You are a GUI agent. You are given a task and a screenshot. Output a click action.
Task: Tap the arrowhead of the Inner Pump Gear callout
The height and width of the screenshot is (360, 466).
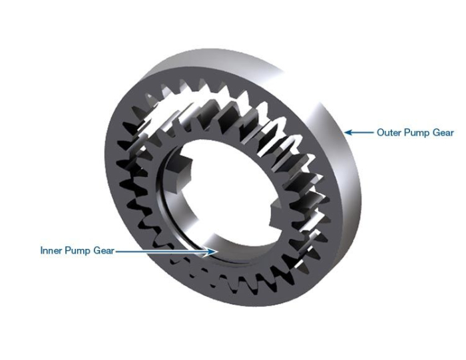tap(212, 251)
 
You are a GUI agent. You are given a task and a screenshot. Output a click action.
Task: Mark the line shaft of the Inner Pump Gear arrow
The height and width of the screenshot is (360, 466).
tap(160, 251)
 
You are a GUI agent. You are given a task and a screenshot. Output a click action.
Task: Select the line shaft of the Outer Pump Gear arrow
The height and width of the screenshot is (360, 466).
tap(363, 132)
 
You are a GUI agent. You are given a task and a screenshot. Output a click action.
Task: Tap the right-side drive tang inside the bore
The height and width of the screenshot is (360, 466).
tap(277, 214)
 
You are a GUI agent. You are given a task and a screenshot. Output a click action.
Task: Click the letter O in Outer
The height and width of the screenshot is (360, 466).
tap(381, 132)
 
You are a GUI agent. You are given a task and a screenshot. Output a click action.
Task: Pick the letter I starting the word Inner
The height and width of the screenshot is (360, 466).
tap(42, 251)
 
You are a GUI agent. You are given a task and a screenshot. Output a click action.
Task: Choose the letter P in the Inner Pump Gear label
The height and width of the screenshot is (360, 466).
tap(69, 251)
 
